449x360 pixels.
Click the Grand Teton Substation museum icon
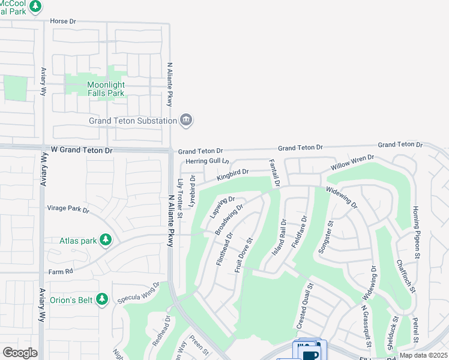pos(187,120)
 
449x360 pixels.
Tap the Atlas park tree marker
pos(106,241)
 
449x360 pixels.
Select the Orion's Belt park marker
pos(102,298)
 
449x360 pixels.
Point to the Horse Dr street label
pos(64,21)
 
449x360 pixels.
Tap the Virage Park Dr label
pos(68,210)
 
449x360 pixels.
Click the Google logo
pos(20,353)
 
